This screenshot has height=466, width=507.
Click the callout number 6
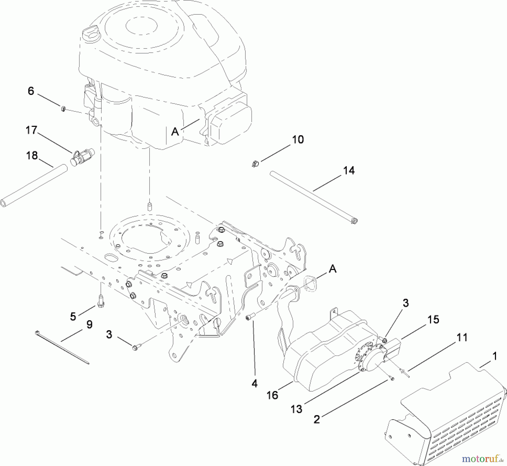pyautogui.click(x=31, y=91)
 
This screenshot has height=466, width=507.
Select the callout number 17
pyautogui.click(x=31, y=130)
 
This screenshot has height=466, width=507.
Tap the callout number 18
pyautogui.click(x=32, y=155)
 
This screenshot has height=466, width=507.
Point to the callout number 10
pyautogui.click(x=298, y=140)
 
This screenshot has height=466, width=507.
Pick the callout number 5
pyautogui.click(x=73, y=316)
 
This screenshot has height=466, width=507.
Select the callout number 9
pyautogui.click(x=89, y=325)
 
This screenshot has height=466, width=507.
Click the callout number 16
pyautogui.click(x=272, y=395)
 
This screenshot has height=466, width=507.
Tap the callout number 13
pyautogui.click(x=296, y=409)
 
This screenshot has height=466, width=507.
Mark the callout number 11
pyautogui.click(x=462, y=337)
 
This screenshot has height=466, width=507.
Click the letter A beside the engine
pyautogui.click(x=175, y=131)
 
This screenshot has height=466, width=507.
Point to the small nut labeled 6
pyautogui.click(x=64, y=109)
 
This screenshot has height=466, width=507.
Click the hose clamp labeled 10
pyautogui.click(x=255, y=164)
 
